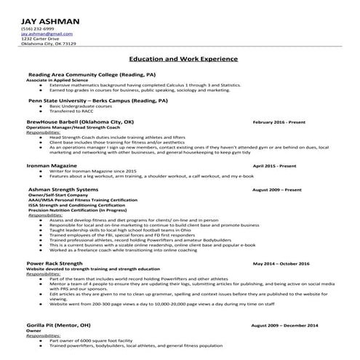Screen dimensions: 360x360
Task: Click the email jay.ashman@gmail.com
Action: coord(47,33)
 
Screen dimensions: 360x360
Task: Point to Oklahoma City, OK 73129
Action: coord(48,44)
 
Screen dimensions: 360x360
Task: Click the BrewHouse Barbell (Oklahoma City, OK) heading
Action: coord(80,122)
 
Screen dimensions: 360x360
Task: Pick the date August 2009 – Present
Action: coord(276,190)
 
